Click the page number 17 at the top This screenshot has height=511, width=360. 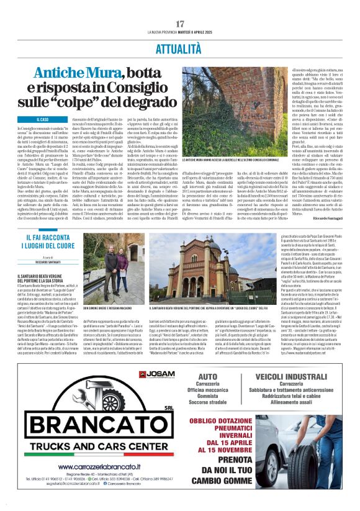pos(180,23)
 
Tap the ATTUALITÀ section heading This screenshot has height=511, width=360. pos(180,46)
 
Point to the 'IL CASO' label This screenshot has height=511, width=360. pos(43,119)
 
